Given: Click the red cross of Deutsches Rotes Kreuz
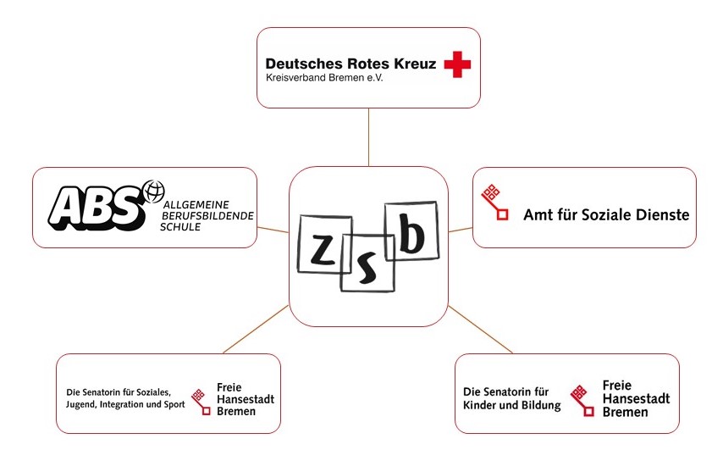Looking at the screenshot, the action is pos(457,64).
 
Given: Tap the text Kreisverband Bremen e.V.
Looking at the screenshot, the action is pos(324,78).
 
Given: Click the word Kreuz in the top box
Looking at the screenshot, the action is pos(415,64).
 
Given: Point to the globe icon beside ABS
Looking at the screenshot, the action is pos(154,191).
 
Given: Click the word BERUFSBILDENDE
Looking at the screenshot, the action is pos(207,216).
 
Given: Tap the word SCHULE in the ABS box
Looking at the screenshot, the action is pos(180,227).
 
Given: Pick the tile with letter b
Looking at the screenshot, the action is pos(411,230).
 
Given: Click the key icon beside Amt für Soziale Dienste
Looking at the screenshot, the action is pos(494,203).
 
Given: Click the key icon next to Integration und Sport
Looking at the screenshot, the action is pos(201,402).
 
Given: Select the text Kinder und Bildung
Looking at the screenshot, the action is pos(512,406).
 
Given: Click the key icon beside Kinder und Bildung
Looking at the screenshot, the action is pos(582,401).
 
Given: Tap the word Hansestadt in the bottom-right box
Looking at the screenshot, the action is pos(637,398).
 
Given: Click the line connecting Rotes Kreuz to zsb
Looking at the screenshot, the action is pos(368,137).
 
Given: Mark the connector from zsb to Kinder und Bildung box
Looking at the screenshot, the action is pos(481,330).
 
